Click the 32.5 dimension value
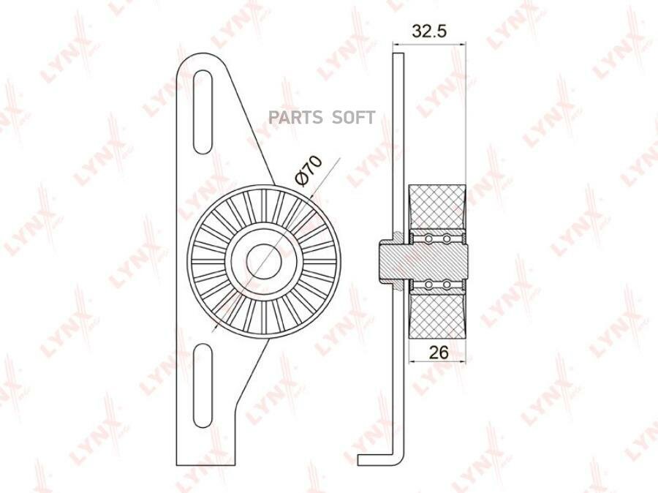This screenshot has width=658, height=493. click(429, 31)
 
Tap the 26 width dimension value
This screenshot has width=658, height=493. click(439, 352)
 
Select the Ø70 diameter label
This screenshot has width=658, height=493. click(309, 170)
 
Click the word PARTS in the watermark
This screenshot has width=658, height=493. click(295, 118)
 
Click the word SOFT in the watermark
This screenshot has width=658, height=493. click(353, 118)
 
